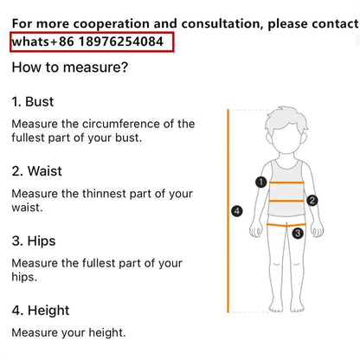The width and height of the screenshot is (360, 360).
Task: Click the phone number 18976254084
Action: (121, 42)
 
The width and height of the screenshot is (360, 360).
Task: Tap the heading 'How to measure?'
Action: (70, 67)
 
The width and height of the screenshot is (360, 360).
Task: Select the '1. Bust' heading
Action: (33, 102)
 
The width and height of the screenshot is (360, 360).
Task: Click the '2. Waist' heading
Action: (37, 171)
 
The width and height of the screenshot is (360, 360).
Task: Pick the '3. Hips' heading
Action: (34, 241)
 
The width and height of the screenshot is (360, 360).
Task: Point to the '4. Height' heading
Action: (41, 311)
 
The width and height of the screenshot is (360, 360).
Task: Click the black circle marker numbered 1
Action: (261, 182)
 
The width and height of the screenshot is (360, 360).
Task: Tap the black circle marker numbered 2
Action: (312, 200)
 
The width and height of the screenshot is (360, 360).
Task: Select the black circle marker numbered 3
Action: (298, 233)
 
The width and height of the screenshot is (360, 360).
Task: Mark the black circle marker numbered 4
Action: (237, 211)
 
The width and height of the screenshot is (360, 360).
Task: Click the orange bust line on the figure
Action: (286, 183)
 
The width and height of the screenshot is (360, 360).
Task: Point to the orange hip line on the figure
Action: (286, 225)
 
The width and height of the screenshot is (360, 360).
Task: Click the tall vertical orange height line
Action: (228, 211)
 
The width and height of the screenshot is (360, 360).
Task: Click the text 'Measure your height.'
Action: (68, 332)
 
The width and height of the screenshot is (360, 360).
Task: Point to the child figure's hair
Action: (286, 119)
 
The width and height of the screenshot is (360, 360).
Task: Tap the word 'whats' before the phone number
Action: (30, 42)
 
